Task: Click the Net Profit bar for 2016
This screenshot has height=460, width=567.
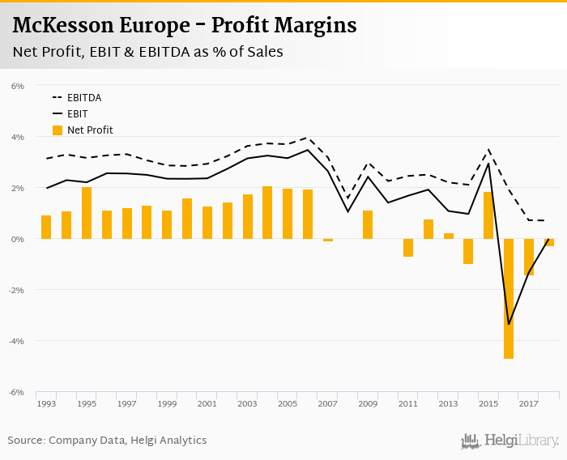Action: pos(509,298)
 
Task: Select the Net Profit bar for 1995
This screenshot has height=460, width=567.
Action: pos(87,213)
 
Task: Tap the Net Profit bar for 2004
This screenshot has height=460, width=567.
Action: pos(267,212)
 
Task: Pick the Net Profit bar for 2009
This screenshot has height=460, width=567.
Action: pos(368,224)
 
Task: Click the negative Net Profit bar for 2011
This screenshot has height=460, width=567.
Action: pos(408,248)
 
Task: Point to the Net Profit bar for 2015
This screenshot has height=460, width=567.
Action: pos(488,215)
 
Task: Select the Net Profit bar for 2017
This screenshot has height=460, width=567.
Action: pos(529,257)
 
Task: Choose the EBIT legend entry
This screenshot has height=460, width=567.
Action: pos(78,114)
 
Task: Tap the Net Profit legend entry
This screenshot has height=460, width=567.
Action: pos(90,130)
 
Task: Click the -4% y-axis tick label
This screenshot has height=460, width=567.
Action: pos(17,341)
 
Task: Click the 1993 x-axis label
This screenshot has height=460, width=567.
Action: pos(46,403)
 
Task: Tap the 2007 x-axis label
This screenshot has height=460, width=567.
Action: pos(327,403)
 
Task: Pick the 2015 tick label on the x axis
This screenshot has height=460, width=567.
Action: pos(488,403)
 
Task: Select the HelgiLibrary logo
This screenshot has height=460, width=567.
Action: pos(510,441)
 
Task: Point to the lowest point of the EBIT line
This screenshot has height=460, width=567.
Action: pos(509,324)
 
